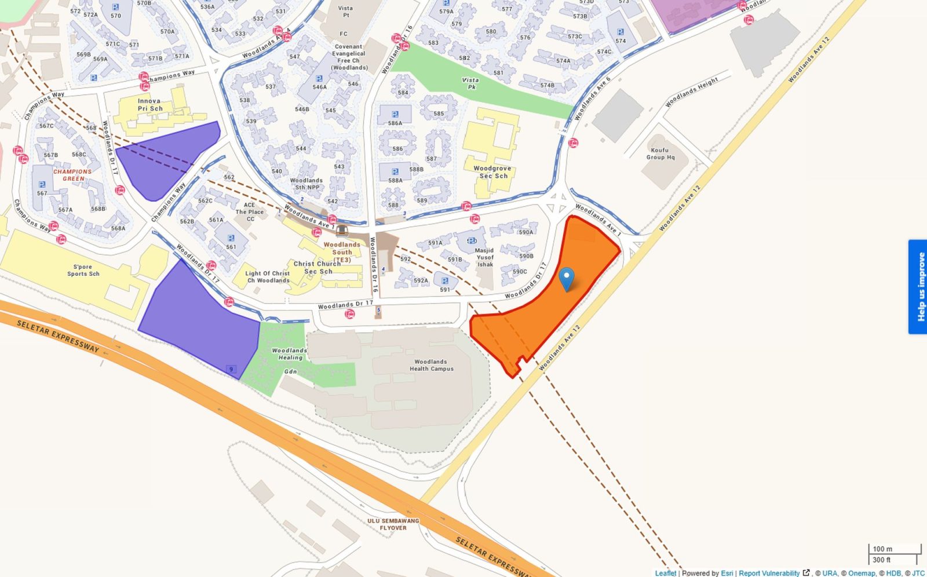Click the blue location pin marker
coord(567,278)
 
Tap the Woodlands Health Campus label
coord(431,365)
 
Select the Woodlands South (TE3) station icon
coord(342,230)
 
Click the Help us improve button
coord(917,287)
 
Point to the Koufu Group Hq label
coord(660,154)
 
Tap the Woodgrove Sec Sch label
coord(492,172)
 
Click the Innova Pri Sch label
coord(149,105)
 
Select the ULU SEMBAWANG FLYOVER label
coord(393,524)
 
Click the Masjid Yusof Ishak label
coord(485,257)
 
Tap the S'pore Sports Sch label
coord(83,271)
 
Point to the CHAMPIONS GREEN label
coord(72,175)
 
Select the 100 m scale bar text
coord(882,549)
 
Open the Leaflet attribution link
coord(665,573)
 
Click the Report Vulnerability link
coord(769,573)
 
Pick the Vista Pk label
coord(470,83)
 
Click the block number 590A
coord(525,232)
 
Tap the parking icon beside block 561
coord(231,238)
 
